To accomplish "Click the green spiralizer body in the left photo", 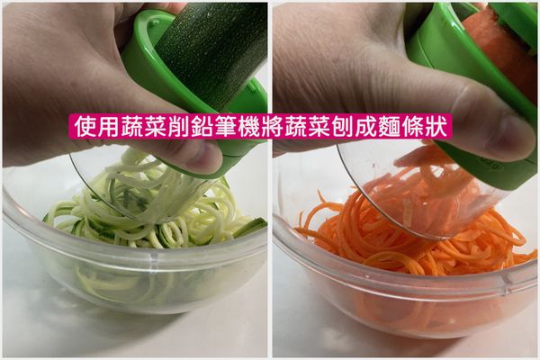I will pos(144,63).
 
